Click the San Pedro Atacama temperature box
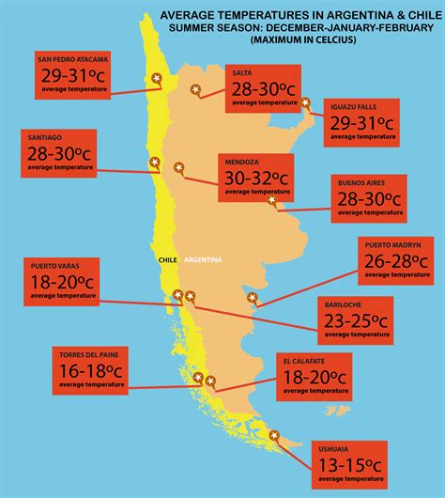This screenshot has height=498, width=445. coord(73,76)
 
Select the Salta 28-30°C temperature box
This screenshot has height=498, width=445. coord(263,89)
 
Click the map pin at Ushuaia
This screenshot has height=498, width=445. coord(275,435)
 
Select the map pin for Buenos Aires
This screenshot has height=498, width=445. coord(271,199)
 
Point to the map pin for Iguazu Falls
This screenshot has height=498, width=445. coord(312,119)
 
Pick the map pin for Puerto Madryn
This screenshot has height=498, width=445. coord(252,298)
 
